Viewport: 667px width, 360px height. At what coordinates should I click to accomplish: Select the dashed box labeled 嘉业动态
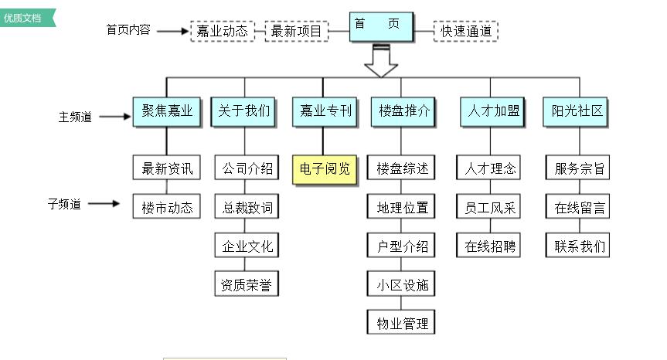tap(222, 32)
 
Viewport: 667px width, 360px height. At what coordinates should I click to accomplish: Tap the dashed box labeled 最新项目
tap(297, 32)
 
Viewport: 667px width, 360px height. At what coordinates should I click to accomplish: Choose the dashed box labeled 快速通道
tap(466, 32)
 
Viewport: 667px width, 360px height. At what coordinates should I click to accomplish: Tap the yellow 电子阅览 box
tap(325, 168)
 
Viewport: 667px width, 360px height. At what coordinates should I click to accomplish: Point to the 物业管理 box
tap(402, 321)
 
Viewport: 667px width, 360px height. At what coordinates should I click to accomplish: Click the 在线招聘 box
tap(491, 246)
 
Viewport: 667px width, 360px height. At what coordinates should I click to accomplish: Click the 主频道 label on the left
tap(75, 117)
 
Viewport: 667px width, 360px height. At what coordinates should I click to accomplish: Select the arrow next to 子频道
tap(104, 205)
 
